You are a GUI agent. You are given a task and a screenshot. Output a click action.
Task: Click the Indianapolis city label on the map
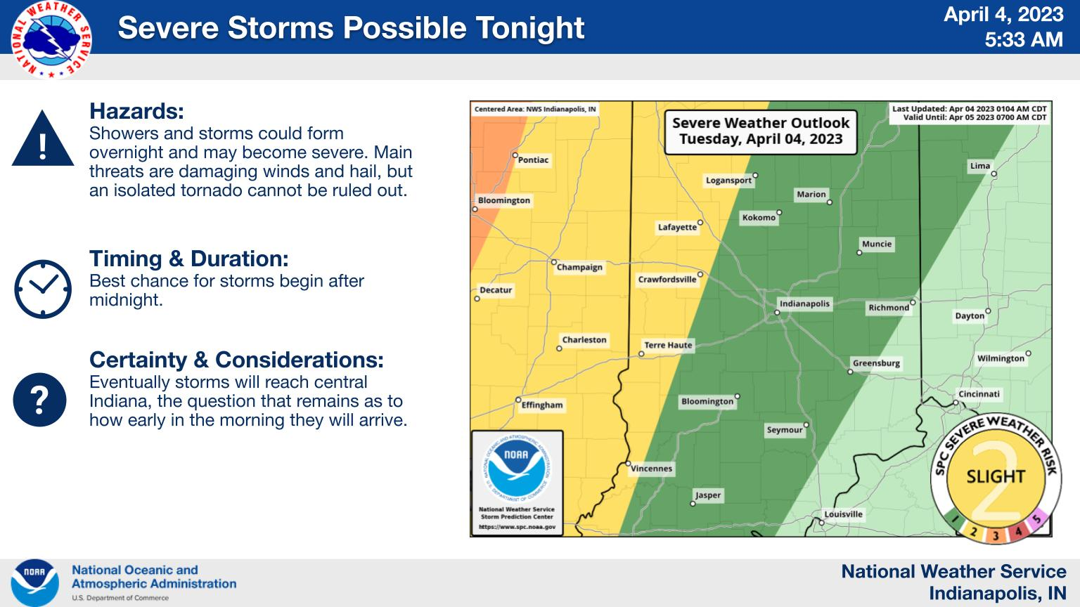[x=804, y=303]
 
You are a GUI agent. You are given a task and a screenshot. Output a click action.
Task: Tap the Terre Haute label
[x=668, y=345]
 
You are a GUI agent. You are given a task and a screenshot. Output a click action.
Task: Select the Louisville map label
[x=843, y=514]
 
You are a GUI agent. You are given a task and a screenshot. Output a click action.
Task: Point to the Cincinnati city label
[x=979, y=394]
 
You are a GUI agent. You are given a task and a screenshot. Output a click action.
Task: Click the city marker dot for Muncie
[x=859, y=252]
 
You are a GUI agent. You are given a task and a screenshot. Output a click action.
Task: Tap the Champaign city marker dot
[x=554, y=262]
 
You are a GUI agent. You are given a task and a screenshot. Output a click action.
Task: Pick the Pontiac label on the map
[x=533, y=160]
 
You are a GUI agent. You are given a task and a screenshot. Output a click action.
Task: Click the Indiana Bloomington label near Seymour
[x=707, y=401]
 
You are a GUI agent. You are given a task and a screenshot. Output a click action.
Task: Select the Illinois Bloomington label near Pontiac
[x=504, y=200]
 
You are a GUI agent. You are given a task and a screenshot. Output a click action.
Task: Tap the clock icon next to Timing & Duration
[x=43, y=289]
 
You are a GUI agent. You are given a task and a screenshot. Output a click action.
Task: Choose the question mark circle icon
[x=39, y=400]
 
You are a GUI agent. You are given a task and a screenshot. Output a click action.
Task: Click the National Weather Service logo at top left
[x=51, y=39]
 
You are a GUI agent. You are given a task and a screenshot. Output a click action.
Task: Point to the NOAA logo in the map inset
[x=517, y=467]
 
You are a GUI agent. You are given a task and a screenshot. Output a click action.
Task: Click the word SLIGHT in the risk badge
[x=996, y=476]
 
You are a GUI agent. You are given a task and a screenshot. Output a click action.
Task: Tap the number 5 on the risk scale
[x=1036, y=520]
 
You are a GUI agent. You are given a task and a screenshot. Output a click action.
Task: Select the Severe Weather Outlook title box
[x=761, y=132]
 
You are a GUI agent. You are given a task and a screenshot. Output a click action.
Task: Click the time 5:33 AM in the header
[x=1024, y=39]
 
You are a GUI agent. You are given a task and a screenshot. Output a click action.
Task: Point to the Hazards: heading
[x=136, y=111]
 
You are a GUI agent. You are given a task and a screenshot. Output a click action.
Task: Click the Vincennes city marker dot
[x=628, y=464]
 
